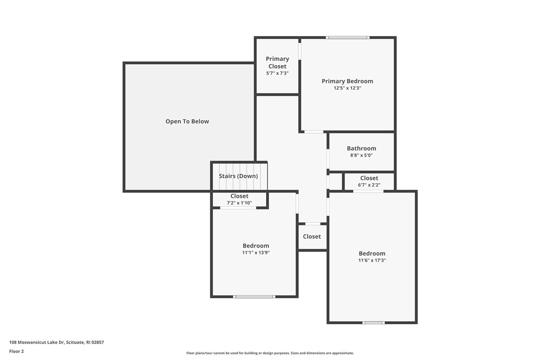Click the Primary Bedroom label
pos(347,81)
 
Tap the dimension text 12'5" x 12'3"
pos(347,88)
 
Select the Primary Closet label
pos(277,62)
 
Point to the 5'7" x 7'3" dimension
pos(277,73)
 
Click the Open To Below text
pos(187,121)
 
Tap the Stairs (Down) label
pos(238,176)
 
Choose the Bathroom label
pos(361,148)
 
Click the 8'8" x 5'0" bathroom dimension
pos(361,155)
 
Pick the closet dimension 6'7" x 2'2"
pos(369,185)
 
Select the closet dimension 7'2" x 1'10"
pos(239,203)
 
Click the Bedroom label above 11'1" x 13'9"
pos(256,246)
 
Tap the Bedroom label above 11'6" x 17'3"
pos(372,253)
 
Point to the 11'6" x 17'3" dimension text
pos(372,260)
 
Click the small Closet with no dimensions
pos(312,237)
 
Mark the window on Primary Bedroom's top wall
pos(348,37)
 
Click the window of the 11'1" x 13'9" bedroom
pos(254,297)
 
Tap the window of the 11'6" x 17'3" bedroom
pos(373,323)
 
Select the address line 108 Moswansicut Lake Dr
pos(57,342)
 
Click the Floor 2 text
pos(16,351)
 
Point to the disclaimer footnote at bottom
pos(270,353)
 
